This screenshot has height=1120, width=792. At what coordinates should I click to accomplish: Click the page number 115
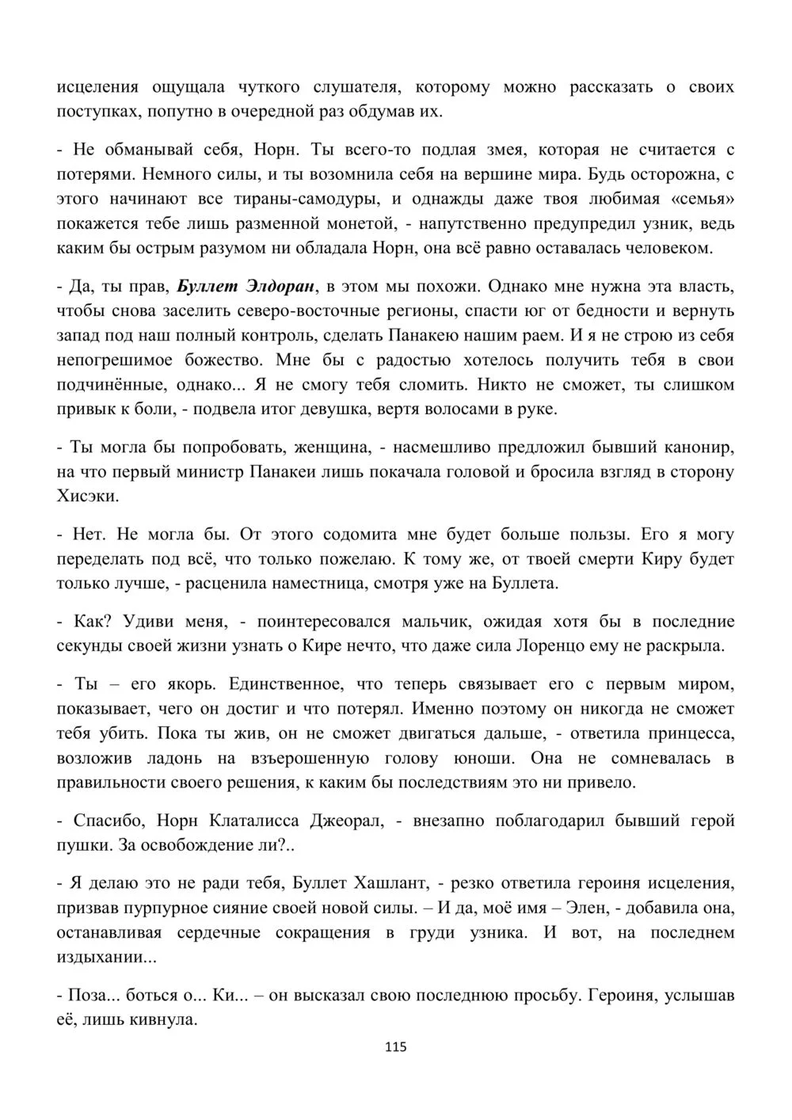click(395, 1047)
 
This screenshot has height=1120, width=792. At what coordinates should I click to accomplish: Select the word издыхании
click(106, 957)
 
